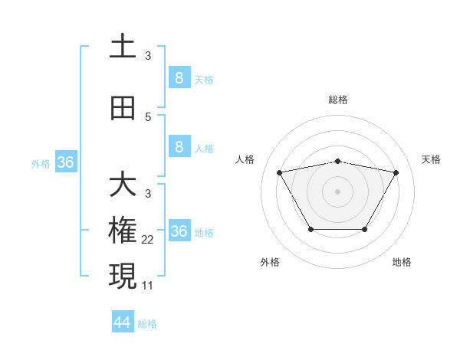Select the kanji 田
tap(123, 108)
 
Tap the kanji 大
tap(123, 185)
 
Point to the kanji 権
tap(123, 231)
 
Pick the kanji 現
tap(123, 277)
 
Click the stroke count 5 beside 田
tap(148, 117)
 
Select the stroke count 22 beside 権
tap(148, 240)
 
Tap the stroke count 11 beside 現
tap(148, 285)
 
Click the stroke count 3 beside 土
tap(148, 56)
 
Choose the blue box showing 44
tap(123, 322)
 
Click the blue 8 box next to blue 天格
tap(179, 77)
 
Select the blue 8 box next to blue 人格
tap(179, 147)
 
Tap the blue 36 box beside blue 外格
tap(66, 162)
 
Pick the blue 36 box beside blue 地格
tap(179, 231)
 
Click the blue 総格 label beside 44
tap(147, 324)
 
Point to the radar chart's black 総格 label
tap(337, 100)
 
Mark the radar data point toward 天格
tap(396, 172)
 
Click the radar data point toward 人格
tap(279, 172)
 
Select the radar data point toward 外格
tap(310, 229)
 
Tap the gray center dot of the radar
tap(337, 191)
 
